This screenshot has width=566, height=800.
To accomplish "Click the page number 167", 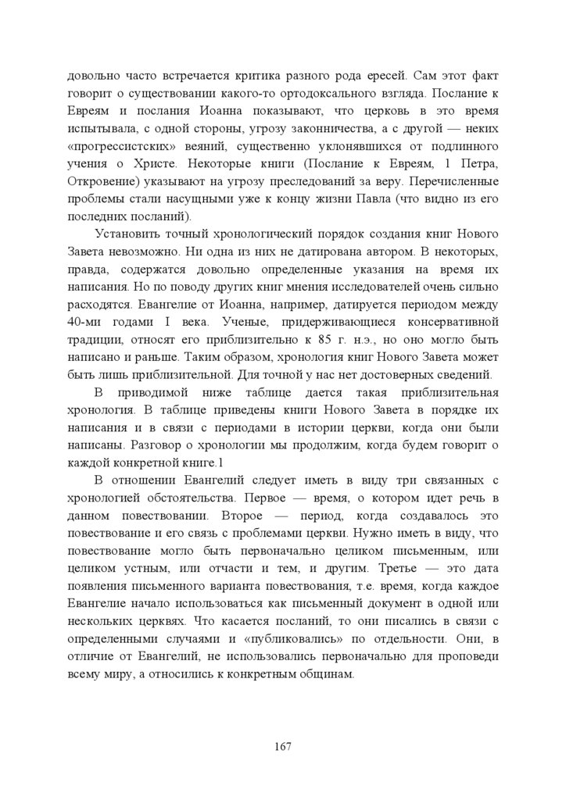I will [283, 747].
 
